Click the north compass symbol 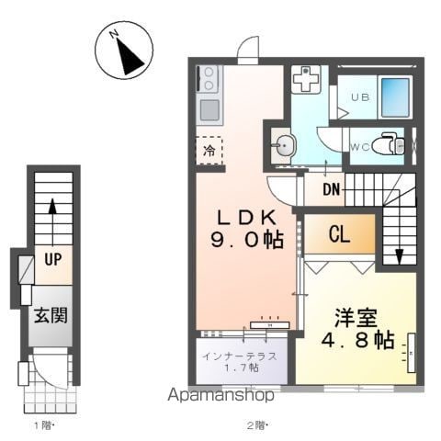click(124, 51)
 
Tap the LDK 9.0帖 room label click(247, 229)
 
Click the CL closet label click(339, 234)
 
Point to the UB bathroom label click(360, 97)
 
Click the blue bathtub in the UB click(395, 97)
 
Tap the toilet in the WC click(388, 145)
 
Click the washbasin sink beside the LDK click(284, 146)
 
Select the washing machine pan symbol click(306, 79)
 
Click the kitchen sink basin click(209, 110)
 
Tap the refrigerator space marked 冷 click(209, 151)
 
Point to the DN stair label click(332, 189)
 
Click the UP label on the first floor click(53, 260)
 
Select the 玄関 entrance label click(51, 315)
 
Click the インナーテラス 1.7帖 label click(240, 362)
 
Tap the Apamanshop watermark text click(220, 395)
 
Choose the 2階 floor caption click(257, 425)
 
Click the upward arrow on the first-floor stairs click(53, 222)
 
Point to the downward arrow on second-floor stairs click(399, 236)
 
